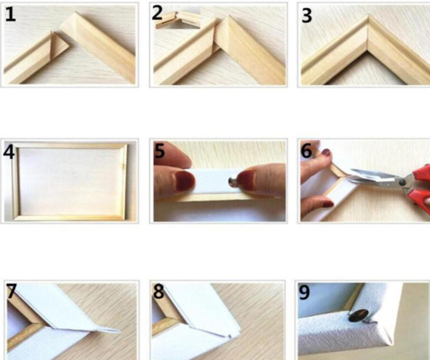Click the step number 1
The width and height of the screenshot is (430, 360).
[x=11, y=14]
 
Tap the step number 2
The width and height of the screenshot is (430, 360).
[x=157, y=13]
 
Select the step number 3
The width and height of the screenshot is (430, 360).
[x=306, y=16]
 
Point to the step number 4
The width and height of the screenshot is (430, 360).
[x=9, y=152]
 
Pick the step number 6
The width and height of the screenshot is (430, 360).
[x=306, y=150]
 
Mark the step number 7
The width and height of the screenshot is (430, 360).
[x=12, y=291]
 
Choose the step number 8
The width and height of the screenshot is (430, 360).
[x=159, y=291]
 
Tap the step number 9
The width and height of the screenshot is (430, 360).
[x=304, y=293]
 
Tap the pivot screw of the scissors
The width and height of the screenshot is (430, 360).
[x=402, y=182]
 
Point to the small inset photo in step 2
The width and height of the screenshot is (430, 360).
[x=178, y=19]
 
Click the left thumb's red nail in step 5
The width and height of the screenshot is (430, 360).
[x=185, y=180]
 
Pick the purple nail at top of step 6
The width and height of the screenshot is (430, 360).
[x=326, y=152]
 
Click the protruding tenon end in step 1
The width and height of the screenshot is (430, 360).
[x=60, y=43]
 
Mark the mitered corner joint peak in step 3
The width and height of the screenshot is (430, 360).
[x=368, y=15]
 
